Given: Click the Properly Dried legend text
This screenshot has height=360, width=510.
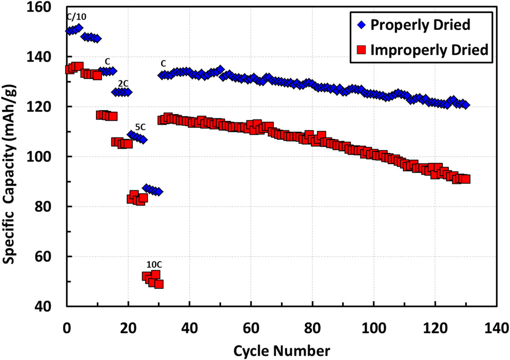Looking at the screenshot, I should click(420, 25).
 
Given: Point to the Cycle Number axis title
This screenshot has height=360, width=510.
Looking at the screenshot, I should click(281, 351).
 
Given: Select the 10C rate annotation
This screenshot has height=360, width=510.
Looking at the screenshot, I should click(154, 264).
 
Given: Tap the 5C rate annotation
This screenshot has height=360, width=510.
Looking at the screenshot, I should click(141, 127).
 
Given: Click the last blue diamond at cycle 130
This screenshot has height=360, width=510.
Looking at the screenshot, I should click(465, 105).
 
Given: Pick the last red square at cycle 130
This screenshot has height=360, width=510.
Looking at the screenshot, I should click(466, 179).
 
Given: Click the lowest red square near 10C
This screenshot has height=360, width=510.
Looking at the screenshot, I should click(159, 284).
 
